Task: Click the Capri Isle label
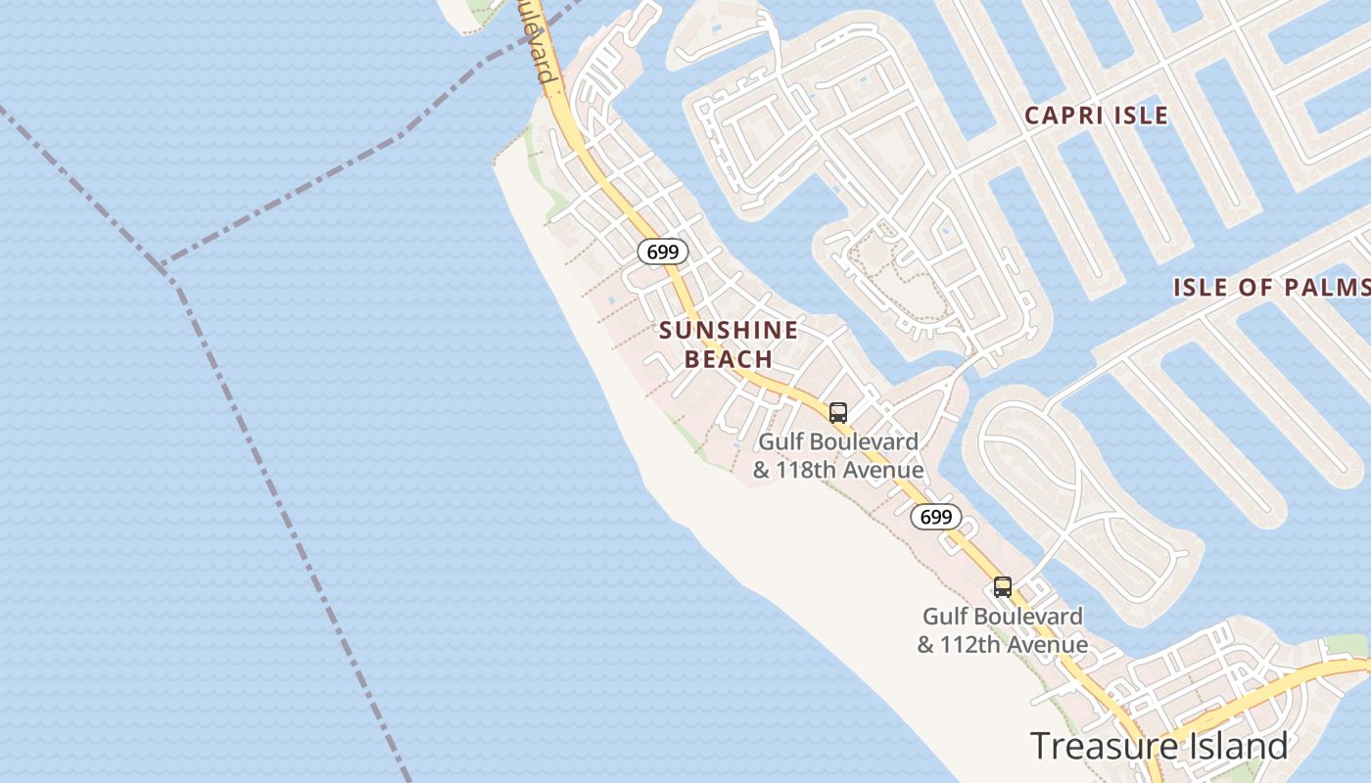click(1096, 115)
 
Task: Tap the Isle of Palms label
click(1271, 288)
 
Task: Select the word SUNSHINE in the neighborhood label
click(729, 331)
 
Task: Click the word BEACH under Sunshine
click(729, 359)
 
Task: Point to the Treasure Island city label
click(1158, 746)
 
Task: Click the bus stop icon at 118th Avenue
click(837, 412)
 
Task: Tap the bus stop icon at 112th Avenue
click(1002, 587)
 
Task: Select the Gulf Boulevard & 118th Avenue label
click(838, 456)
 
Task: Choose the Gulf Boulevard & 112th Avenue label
click(1002, 630)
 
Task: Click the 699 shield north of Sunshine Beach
click(663, 252)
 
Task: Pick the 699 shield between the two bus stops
click(936, 517)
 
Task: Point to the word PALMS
click(1336, 288)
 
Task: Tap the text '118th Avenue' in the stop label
click(849, 471)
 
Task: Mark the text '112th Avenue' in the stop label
click(1014, 645)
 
